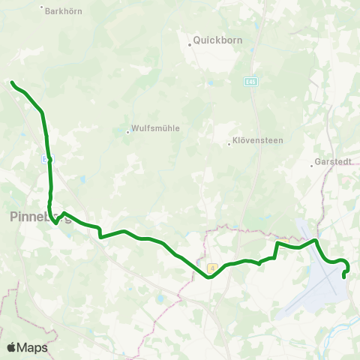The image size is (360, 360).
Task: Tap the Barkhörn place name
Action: [x=62, y=11]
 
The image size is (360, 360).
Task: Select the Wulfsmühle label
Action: [x=155, y=128]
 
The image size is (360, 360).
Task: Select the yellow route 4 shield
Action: [x=212, y=267]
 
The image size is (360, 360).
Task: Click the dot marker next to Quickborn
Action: [x=190, y=44]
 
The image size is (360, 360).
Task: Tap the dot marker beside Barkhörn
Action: [x=41, y=7]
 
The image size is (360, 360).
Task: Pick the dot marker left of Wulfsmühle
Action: [x=128, y=133]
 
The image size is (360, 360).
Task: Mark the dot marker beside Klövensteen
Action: [x=229, y=145]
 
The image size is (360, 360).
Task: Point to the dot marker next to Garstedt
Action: [x=311, y=165]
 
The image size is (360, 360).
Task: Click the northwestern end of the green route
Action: [x=12, y=82]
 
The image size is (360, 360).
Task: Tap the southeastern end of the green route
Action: [x=343, y=276]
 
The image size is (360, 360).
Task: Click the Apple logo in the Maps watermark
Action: [x=12, y=347]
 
